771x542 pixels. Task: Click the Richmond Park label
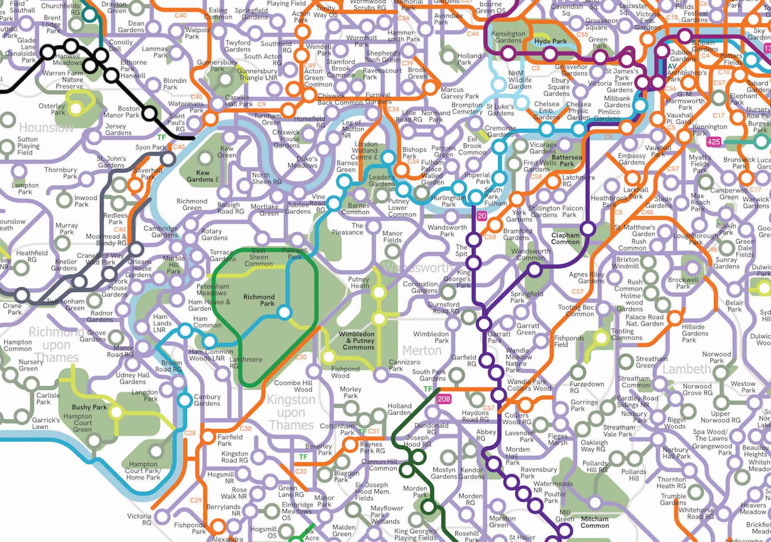coord(259,300)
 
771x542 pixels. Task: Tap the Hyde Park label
coord(551,42)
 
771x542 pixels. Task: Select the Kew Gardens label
coord(203,176)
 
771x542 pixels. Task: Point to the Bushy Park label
coord(89,407)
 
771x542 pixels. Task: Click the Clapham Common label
coord(565,238)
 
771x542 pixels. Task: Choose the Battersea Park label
coord(566,160)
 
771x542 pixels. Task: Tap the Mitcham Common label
coord(594,522)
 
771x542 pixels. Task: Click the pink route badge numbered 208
coord(444,399)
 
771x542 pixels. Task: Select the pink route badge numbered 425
coord(714,142)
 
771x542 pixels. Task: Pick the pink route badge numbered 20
coord(482,216)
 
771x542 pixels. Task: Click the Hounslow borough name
coord(47,127)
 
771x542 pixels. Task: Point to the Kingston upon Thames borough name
coord(291,412)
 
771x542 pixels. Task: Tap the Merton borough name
coord(422,351)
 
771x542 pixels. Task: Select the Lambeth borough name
coord(687,369)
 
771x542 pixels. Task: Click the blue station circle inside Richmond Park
coord(284,312)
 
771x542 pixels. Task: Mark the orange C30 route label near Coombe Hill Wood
coord(300,357)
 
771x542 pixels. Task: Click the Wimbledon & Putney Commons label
coord(356,341)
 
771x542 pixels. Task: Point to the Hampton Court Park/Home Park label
coord(143,471)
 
